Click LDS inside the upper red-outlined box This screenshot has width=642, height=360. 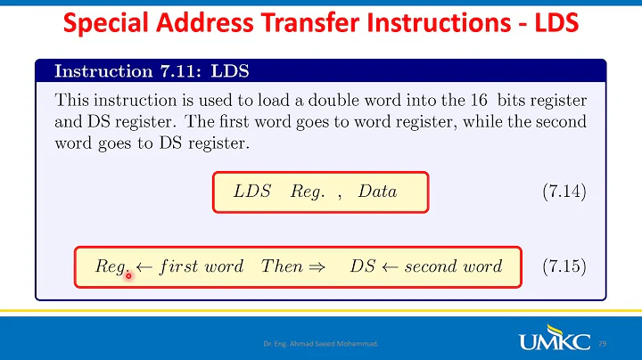click(252, 192)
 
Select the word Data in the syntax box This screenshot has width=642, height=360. click(377, 192)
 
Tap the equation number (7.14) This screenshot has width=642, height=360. click(564, 192)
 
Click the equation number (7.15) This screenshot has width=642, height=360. click(564, 266)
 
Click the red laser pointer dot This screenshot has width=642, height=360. click(129, 275)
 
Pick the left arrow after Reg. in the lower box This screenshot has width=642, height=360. click(144, 266)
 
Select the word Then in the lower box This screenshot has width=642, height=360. click(282, 266)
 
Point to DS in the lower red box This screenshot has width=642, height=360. click(361, 266)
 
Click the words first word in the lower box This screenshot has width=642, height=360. click(202, 266)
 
